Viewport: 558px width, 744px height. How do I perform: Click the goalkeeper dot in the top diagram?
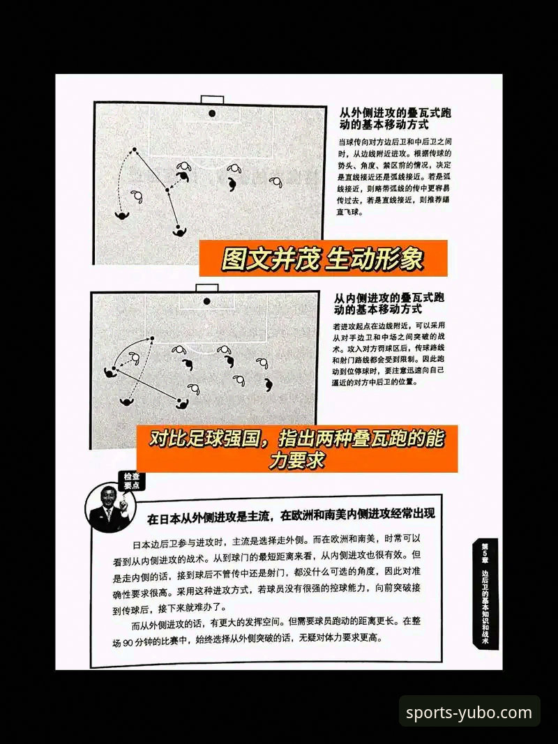tap(211, 113)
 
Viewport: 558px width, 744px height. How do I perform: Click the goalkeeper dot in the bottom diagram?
tap(207, 301)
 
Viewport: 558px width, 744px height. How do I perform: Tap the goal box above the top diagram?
tap(211, 99)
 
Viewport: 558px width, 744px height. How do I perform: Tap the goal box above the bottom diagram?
tap(206, 287)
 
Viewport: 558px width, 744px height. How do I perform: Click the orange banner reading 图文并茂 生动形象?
tap(322, 259)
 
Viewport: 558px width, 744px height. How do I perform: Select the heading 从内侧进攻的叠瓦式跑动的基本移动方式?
tap(390, 303)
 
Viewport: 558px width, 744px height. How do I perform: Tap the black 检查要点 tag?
tap(130, 480)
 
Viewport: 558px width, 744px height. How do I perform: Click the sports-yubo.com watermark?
tap(469, 713)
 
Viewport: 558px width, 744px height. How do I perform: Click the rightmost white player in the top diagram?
tap(277, 182)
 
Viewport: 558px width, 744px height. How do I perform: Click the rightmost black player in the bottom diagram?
tap(269, 384)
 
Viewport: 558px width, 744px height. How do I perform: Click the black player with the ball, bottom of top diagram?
tap(179, 229)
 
